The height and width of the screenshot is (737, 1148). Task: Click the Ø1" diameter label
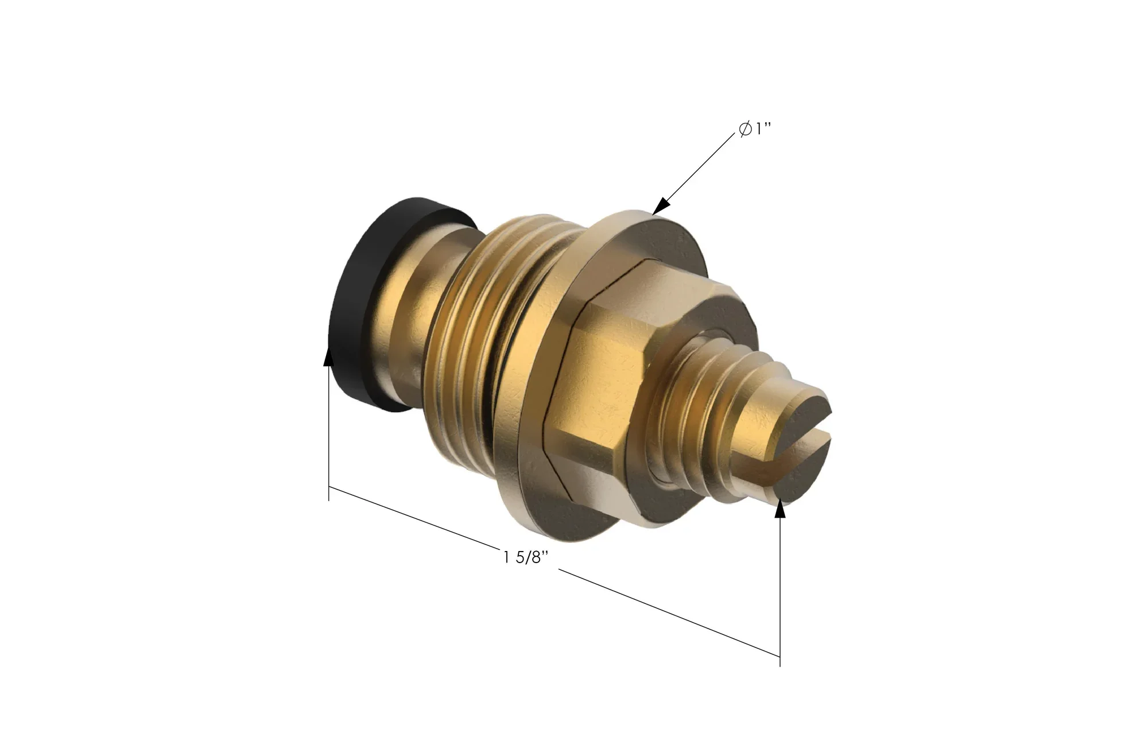754,130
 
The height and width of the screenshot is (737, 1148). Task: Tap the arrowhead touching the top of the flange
661,205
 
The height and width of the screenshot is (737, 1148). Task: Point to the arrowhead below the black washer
328,356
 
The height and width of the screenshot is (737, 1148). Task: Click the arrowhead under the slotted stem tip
779,509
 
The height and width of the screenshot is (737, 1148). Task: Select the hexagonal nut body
608,367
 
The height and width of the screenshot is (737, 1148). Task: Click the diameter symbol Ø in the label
745,130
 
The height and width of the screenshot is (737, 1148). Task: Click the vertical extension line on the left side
328,436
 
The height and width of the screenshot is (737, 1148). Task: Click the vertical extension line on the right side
779,591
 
